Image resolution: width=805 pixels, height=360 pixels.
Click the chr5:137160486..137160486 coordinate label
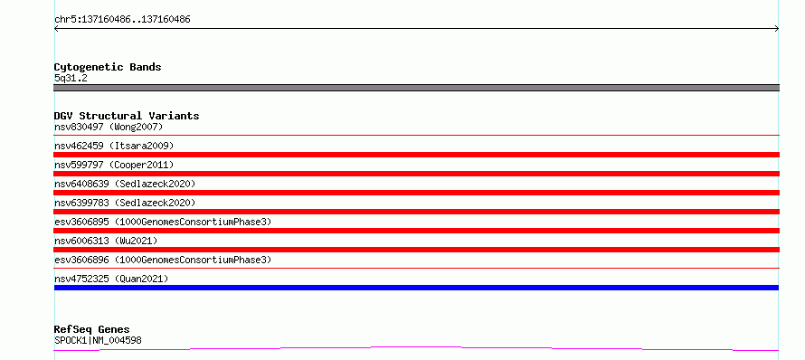tap(122, 20)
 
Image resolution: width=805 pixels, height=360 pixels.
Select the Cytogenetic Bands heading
tap(108, 67)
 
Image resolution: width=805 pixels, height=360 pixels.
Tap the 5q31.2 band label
tap(71, 78)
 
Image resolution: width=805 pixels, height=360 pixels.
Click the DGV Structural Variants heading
tap(127, 116)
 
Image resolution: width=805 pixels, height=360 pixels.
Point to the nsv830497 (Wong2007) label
tap(109, 127)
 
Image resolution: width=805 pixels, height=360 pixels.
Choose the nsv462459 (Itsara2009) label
tap(114, 146)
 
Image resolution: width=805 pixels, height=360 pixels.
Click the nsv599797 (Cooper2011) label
tap(114, 165)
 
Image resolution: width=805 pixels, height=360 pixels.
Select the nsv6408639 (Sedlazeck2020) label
tap(125, 184)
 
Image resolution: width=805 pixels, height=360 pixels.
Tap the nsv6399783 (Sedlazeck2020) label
tap(125, 203)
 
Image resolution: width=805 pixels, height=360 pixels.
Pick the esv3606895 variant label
tap(163, 222)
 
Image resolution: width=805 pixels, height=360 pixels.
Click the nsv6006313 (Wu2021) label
tap(106, 241)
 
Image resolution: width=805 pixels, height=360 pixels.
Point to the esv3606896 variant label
tap(163, 260)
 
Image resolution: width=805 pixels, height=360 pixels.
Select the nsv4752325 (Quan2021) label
tap(111, 279)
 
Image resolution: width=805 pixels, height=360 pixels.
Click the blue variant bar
tap(416, 288)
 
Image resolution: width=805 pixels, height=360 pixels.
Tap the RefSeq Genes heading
tap(92, 329)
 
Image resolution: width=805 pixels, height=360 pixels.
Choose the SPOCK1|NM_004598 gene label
tap(98, 340)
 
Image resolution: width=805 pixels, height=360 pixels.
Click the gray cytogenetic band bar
tap(416, 88)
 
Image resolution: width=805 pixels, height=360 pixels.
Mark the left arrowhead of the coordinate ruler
tap(55, 29)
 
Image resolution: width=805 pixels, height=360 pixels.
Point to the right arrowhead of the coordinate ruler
tap(778, 29)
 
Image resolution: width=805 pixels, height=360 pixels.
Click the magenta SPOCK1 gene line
tap(416, 349)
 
